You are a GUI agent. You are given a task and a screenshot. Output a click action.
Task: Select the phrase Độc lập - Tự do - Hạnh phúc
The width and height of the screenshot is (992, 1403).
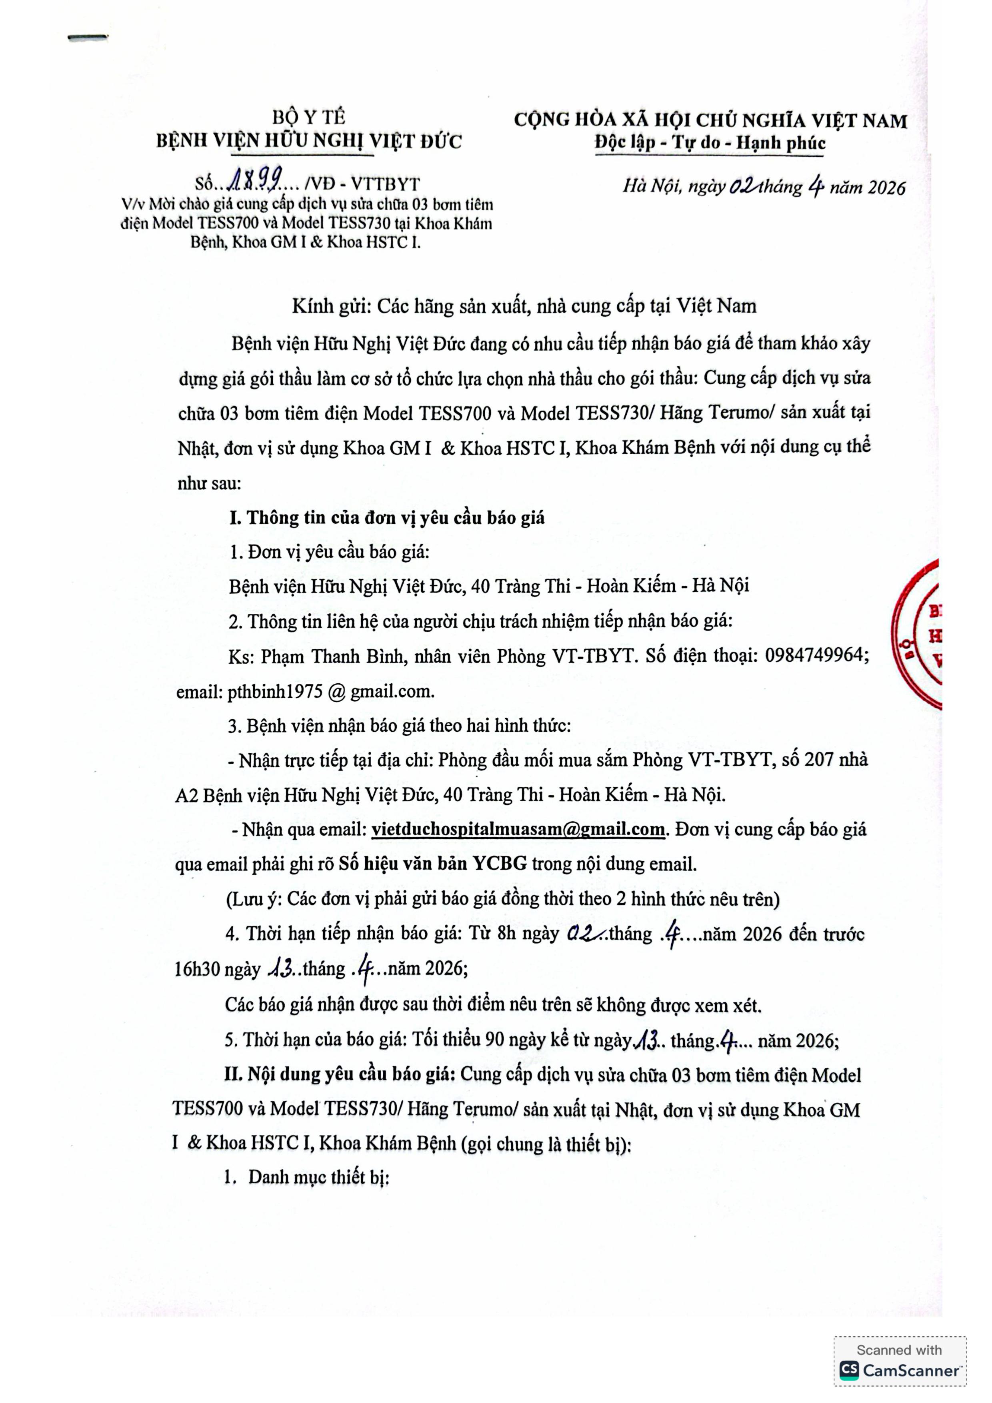tap(710, 144)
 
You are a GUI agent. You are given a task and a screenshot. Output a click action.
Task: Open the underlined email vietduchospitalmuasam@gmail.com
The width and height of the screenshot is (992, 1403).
tap(518, 829)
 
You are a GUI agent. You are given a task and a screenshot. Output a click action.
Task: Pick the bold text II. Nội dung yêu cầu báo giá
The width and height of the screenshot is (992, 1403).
tap(339, 1074)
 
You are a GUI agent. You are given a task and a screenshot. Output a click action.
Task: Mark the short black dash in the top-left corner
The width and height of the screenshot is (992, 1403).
tap(88, 38)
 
